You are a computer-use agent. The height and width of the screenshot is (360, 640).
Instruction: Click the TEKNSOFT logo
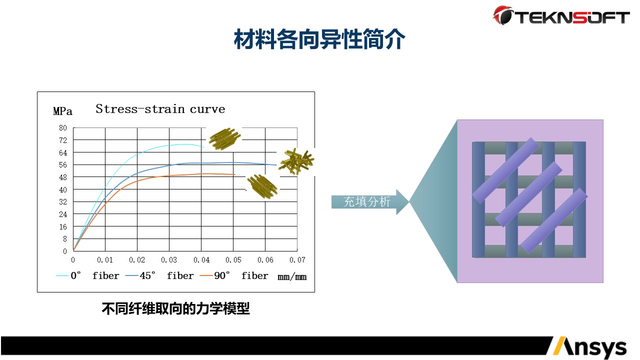(x=561, y=15)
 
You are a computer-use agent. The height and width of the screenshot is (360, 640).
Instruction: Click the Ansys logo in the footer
(x=589, y=347)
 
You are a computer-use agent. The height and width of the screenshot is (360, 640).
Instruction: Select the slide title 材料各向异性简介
(x=319, y=39)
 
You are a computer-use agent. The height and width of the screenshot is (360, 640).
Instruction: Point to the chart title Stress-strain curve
(x=160, y=109)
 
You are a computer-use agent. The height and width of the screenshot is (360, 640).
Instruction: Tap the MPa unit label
(x=62, y=111)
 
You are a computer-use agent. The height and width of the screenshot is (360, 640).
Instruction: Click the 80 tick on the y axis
(x=63, y=127)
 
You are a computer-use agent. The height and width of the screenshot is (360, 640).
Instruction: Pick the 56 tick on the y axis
(x=63, y=165)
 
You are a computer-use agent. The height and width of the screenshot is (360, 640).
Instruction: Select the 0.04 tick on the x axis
(x=201, y=259)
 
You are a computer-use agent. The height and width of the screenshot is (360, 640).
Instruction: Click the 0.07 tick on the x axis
(x=297, y=259)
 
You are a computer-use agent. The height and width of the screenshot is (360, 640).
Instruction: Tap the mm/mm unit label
(x=292, y=276)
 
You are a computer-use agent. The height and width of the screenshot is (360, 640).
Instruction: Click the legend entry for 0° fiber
(x=87, y=275)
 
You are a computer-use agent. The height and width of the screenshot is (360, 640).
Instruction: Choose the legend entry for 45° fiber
(x=159, y=275)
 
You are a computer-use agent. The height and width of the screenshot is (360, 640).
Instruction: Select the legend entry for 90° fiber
(x=234, y=275)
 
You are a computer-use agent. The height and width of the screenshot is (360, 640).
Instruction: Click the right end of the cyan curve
(x=203, y=147)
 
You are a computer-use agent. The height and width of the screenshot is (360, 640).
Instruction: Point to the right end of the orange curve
(x=235, y=174)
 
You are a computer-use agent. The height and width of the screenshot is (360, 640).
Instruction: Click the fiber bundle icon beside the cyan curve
(x=224, y=139)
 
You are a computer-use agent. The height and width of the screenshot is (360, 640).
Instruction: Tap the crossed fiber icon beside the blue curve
(x=296, y=161)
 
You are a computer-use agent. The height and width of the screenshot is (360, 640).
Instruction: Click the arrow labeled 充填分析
(x=370, y=201)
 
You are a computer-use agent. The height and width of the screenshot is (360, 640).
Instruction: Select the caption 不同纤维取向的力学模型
(x=175, y=309)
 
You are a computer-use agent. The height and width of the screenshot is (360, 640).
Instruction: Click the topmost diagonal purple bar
(x=505, y=170)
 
